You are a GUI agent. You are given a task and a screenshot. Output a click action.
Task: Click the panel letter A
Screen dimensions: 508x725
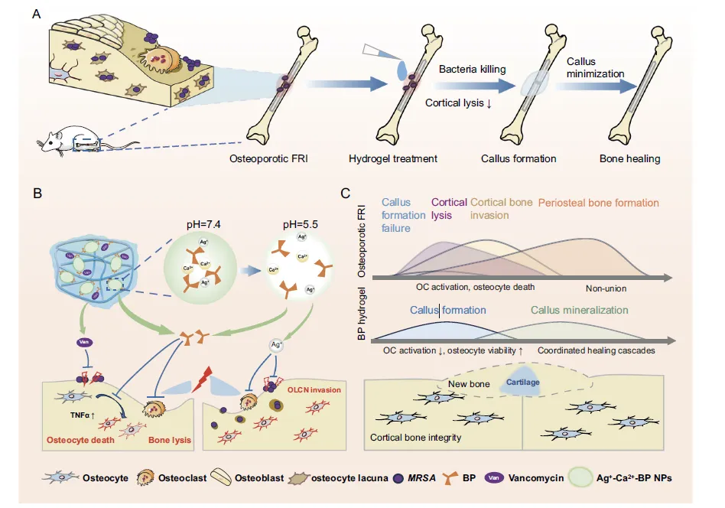35,14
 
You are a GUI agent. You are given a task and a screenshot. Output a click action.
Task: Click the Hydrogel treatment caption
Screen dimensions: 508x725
393,159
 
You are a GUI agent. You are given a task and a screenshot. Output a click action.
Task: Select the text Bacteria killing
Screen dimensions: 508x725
472,70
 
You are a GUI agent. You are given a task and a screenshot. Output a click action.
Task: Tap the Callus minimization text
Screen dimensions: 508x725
596,67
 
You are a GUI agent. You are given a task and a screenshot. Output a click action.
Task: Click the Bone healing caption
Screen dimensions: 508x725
630,159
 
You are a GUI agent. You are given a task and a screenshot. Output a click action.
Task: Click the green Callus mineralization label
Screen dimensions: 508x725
580,311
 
